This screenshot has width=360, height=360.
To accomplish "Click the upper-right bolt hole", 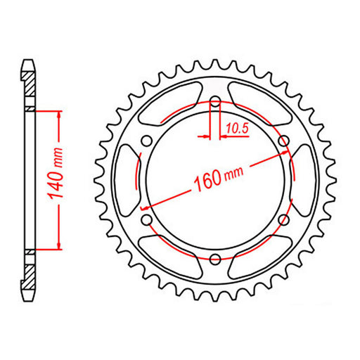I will pos(284,141).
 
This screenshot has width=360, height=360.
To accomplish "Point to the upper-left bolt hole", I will pos(146,141).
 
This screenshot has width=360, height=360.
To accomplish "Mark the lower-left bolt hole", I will pos(146,220).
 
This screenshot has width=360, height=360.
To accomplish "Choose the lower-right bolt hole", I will pos(284,220).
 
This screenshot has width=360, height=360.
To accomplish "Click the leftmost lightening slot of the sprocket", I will pos(126,181).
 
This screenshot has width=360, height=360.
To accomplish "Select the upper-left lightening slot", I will pos(170,103).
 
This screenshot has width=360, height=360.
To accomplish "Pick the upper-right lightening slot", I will pos(260,103).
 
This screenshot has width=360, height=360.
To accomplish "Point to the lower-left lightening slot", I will pos(170,257).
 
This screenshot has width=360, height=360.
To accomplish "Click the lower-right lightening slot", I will pos(260,257).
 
